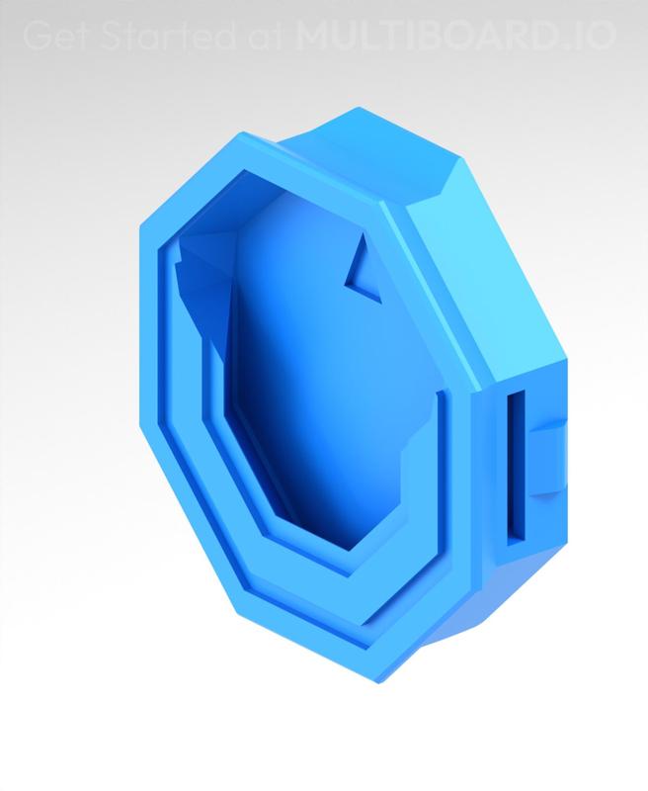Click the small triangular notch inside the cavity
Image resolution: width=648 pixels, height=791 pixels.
click(361, 273)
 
